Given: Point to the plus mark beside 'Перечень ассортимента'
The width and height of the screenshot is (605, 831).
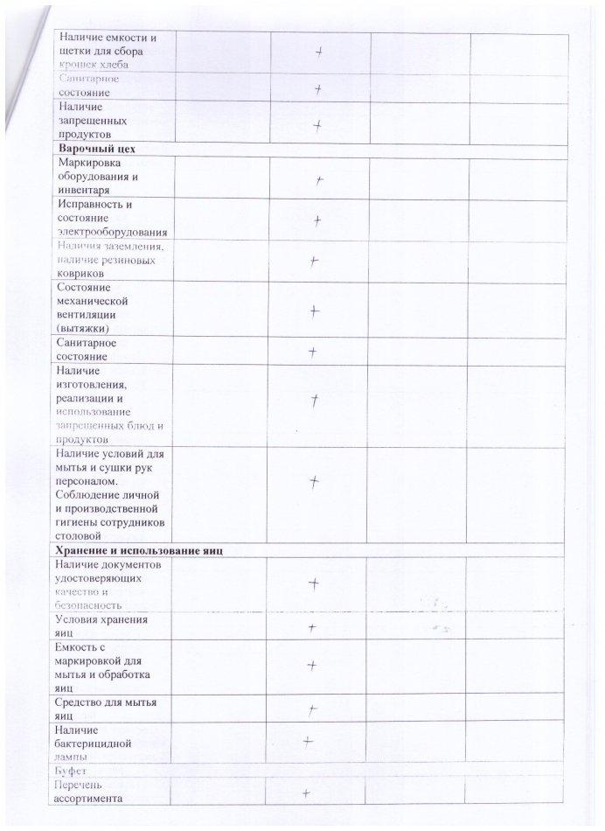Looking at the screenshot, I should tap(307, 793).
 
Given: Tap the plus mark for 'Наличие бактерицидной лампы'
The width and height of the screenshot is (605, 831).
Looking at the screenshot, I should tap(308, 742).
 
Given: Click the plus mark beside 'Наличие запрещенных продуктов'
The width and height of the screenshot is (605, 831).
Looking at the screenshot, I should tap(318, 124).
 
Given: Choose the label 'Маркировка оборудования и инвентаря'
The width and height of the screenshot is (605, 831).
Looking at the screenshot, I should tap(101, 176).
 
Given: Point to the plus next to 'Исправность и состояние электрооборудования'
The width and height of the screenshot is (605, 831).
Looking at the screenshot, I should tap(318, 220).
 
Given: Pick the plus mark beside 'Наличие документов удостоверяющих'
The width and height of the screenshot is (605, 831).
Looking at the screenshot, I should tap(312, 583).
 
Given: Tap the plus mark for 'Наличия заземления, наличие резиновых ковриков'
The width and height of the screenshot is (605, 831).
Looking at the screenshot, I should tap(313, 261).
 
